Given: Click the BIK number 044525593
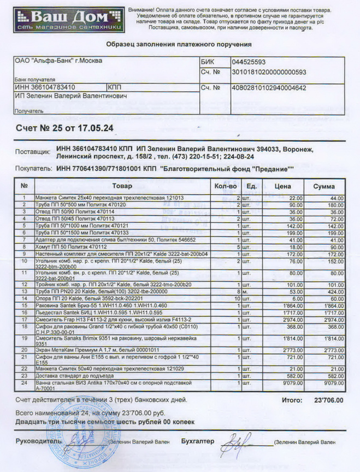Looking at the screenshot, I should (x=249, y=62).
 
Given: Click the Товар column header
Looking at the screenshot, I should (x=122, y=186).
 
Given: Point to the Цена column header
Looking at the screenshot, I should (x=282, y=186).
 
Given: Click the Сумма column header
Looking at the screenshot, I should (x=324, y=186).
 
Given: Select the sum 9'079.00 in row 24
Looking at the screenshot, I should (x=333, y=383).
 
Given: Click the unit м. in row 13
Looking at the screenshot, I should (x=247, y=292).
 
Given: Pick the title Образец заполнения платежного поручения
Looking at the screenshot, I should (x=179, y=44).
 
